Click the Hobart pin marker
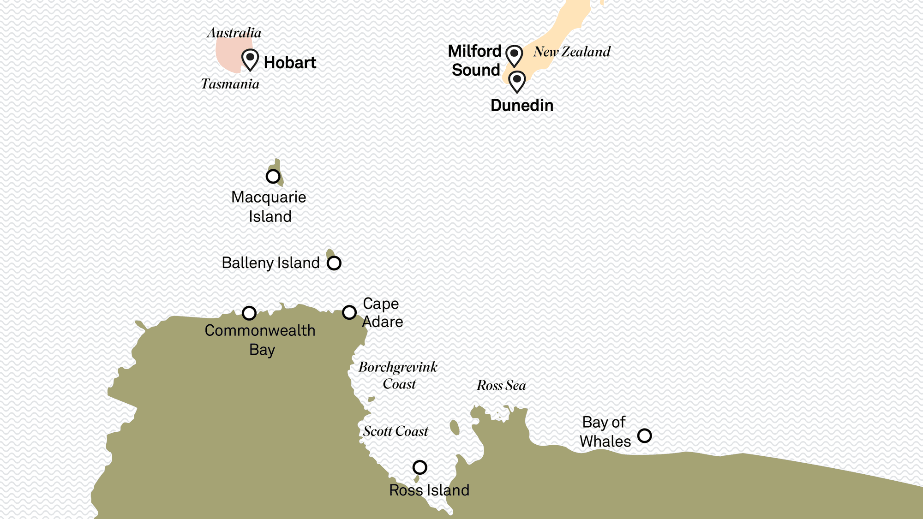click(x=250, y=59)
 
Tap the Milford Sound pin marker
click(x=514, y=55)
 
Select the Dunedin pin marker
click(x=517, y=81)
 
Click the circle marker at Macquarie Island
click(x=273, y=176)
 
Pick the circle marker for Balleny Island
click(x=334, y=263)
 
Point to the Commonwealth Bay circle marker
click(x=249, y=313)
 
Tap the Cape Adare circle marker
click(x=349, y=312)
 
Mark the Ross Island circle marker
click(x=420, y=467)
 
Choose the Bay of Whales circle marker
click(x=644, y=435)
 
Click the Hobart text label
click(x=290, y=63)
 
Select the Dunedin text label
click(x=522, y=106)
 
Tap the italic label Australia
click(x=234, y=33)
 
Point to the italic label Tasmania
click(x=230, y=84)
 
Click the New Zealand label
click(x=572, y=52)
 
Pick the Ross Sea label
click(x=501, y=385)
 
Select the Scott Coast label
click(x=396, y=431)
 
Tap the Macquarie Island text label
click(x=269, y=207)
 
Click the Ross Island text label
click(x=429, y=490)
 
